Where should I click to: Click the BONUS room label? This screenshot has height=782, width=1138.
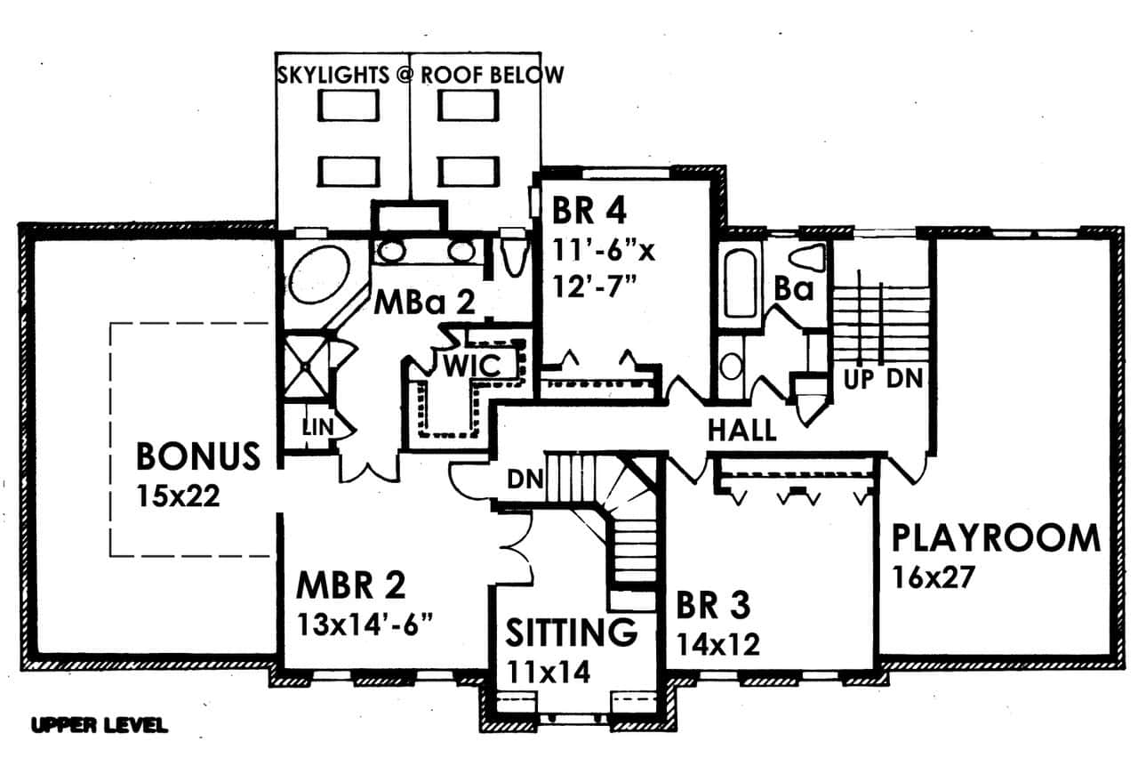coord(198,456)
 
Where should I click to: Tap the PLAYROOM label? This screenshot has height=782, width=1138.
coord(996,538)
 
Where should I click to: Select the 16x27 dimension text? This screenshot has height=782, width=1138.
coord(934,577)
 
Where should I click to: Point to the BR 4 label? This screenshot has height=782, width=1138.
coord(589,211)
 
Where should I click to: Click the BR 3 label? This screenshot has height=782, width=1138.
coord(713,606)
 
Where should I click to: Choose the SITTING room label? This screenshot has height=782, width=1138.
coord(572,632)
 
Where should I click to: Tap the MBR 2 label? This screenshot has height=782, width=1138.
coord(351,585)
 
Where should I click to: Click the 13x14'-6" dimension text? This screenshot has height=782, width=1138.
coord(365,625)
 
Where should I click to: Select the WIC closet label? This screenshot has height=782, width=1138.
coord(472,366)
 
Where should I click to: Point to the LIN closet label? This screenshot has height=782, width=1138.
coord(318,428)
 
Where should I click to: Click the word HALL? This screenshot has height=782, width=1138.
coord(741,431)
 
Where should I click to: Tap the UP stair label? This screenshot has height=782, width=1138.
coord(859,379)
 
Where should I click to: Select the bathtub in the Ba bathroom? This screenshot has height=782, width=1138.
coord(741,284)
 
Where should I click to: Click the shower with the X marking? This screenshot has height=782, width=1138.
coord(306,365)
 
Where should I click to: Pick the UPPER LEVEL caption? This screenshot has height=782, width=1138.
coord(100,726)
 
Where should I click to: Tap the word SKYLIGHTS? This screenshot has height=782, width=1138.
coord(333,76)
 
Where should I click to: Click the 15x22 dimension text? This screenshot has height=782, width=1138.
coord(178,496)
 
